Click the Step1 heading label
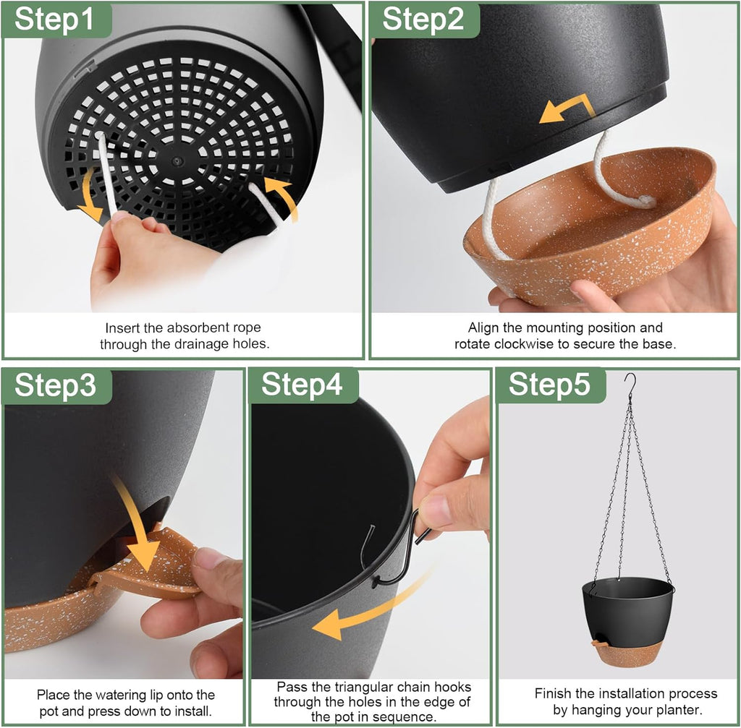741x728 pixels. (x=54, y=20)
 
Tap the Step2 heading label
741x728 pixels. (x=423, y=20)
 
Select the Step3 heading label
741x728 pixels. (x=55, y=386)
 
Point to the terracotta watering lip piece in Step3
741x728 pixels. (x=152, y=568)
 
